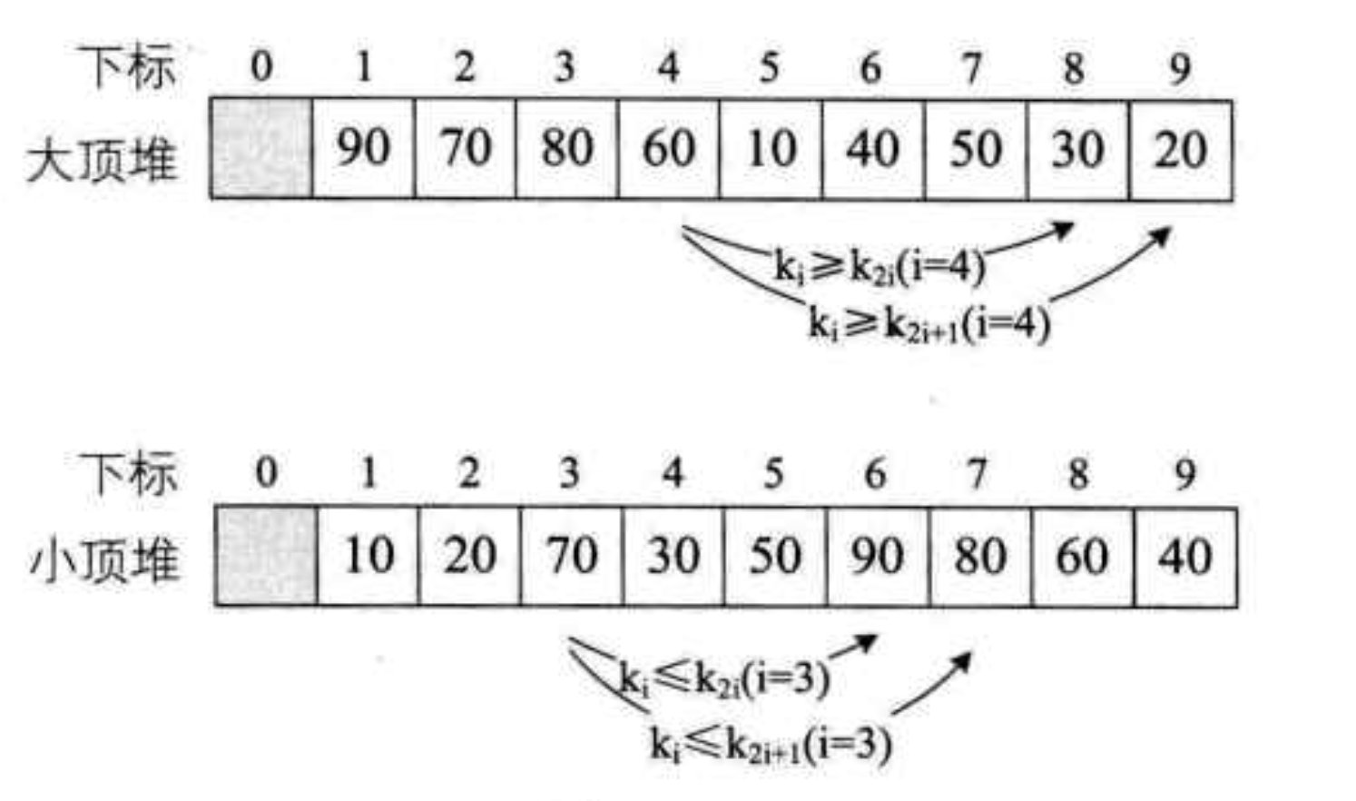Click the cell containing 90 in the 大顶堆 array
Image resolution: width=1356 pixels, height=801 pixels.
click(x=364, y=149)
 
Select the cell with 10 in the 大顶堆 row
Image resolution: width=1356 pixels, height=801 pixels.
click(x=771, y=149)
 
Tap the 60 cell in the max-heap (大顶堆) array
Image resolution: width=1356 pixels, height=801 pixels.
click(x=670, y=149)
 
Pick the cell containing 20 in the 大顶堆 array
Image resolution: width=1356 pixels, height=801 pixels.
click(x=1181, y=149)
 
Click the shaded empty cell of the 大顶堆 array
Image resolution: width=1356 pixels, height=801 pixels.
click(x=262, y=149)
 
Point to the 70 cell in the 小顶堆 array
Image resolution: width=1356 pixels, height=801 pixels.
click(x=572, y=556)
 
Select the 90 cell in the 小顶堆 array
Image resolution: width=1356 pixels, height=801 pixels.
click(x=878, y=556)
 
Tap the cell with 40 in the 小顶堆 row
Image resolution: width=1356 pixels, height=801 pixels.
click(x=1185, y=556)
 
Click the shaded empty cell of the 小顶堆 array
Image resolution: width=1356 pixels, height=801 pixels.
click(x=266, y=556)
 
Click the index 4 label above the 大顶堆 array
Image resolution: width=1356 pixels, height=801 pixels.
click(x=668, y=66)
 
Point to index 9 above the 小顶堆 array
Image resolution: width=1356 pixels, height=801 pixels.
click(x=1184, y=473)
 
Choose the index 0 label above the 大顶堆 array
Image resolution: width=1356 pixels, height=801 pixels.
click(x=261, y=66)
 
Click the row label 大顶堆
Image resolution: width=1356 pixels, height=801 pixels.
click(x=103, y=160)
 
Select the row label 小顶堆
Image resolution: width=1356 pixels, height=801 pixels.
click(x=105, y=561)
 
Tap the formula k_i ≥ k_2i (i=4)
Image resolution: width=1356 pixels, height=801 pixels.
click(x=880, y=267)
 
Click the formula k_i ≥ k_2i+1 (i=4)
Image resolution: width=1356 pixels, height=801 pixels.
click(x=929, y=323)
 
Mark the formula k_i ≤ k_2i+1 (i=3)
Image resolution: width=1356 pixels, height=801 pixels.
click(x=771, y=743)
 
